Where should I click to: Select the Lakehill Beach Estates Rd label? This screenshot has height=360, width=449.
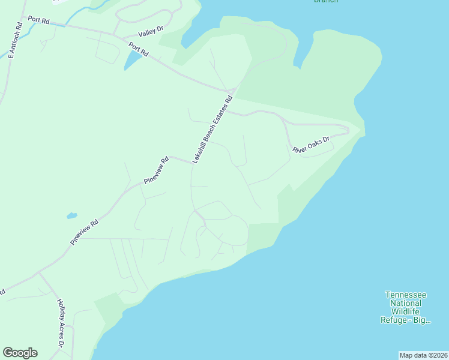[212, 130]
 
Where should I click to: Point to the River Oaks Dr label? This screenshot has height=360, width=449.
[312, 145]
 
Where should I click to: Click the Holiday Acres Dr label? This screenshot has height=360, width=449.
[61, 323]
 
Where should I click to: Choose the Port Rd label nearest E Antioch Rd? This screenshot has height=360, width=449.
[38, 22]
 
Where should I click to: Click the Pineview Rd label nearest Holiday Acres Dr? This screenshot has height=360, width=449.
[83, 232]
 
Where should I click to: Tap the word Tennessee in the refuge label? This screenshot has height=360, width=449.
[406, 295]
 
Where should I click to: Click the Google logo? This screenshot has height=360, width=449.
[20, 353]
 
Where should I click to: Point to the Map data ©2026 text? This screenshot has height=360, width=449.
[423, 355]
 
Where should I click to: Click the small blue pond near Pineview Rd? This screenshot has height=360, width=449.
[72, 215]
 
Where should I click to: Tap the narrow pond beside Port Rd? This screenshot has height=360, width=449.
[130, 59]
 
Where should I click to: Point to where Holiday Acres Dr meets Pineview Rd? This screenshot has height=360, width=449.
[38, 272]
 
